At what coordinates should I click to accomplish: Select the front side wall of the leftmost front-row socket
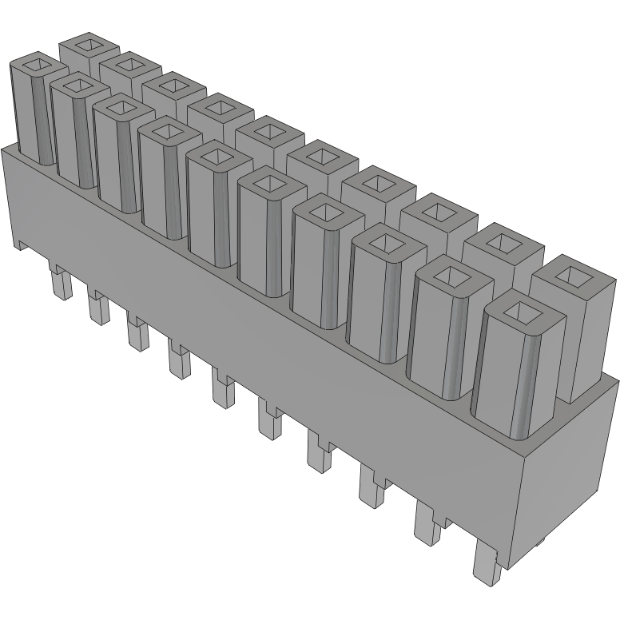pos(22,112)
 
